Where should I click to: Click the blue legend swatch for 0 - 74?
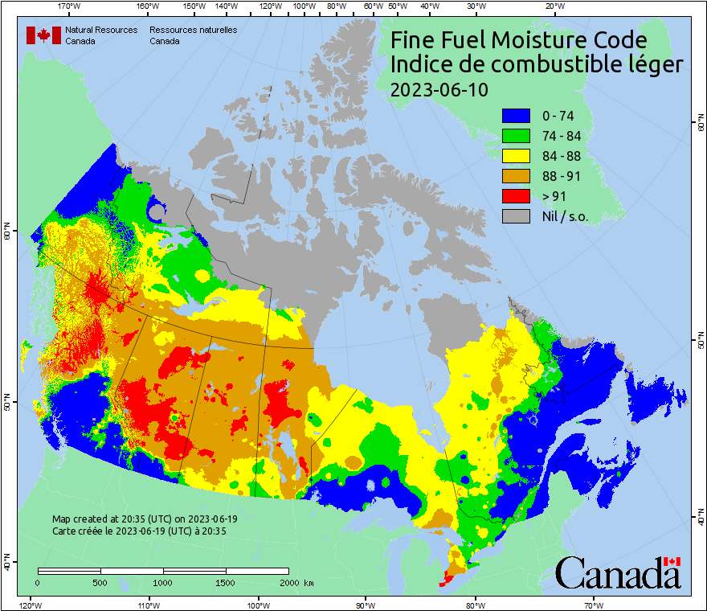pos(517,117)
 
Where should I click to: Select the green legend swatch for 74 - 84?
pos(517,137)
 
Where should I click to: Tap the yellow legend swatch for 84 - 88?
pos(517,157)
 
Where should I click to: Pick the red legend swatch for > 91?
pos(517,196)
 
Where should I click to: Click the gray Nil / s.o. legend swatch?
pos(517,216)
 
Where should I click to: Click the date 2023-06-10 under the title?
pos(439,89)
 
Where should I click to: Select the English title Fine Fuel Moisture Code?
pos(529,40)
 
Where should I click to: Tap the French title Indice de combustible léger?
pos(537,64)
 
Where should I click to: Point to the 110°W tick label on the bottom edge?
pos(148,605)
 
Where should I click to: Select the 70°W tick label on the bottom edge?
pos(594,605)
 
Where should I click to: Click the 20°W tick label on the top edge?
pos(553,6)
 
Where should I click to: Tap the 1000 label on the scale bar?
pos(163,582)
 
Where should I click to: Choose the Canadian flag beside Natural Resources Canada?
pos(43,35)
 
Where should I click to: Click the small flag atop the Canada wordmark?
pos(672,561)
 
